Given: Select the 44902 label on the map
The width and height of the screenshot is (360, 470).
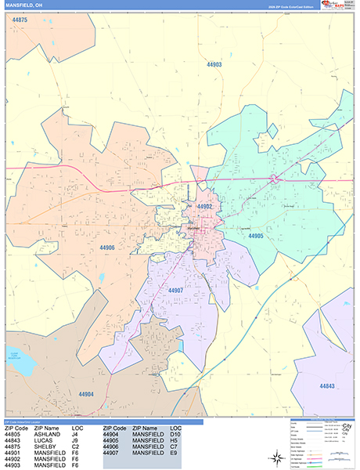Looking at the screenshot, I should (206, 206).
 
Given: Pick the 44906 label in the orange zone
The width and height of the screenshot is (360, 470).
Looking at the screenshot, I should (108, 248).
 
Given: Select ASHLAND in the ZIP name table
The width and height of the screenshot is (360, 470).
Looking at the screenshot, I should (47, 436).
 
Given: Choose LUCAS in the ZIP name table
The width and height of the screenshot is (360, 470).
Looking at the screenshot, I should (44, 441).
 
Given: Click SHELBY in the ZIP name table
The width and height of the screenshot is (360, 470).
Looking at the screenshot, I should (45, 447).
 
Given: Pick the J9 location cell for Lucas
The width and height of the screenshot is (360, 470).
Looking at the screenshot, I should (76, 441).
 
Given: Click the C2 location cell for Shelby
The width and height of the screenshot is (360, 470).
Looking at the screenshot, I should (76, 447).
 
